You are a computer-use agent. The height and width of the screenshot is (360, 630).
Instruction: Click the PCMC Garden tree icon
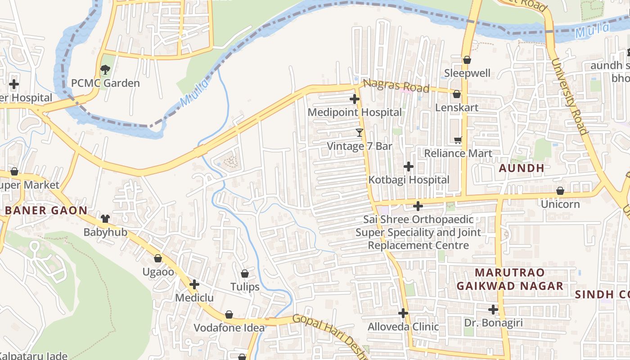coord(105,70)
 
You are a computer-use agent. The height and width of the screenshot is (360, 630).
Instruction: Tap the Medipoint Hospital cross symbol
coord(355,99)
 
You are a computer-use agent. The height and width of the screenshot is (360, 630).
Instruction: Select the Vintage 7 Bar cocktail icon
coord(359,132)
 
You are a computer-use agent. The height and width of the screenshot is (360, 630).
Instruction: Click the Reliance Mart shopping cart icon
coord(458,140)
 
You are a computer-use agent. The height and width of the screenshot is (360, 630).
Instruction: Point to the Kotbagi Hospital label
coord(409,180)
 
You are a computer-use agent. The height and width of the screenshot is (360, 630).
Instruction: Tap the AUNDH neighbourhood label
coord(522,168)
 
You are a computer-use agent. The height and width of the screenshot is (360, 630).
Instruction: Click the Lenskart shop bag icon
coord(456,94)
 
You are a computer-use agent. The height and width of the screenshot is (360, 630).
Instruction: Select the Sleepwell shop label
coord(467,73)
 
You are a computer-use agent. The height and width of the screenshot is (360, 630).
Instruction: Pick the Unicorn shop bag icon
coord(560,191)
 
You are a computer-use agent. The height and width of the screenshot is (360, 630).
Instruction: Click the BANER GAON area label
coord(46,211)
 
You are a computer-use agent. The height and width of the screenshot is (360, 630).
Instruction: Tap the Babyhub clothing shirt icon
coord(105,219)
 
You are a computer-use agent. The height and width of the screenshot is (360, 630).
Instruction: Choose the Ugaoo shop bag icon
coord(158,258)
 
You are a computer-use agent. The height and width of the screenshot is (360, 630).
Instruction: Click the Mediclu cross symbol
coord(194,284)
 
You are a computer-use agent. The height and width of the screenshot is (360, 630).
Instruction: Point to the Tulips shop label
coord(245,287)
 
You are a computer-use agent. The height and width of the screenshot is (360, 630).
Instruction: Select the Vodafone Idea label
coord(229,328)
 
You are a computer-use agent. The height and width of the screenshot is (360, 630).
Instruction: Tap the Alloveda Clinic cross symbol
coord(403,313)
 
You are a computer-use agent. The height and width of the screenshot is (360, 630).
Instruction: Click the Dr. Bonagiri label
coord(493,323)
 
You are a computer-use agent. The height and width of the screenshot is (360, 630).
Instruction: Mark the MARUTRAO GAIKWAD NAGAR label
coord(510,279)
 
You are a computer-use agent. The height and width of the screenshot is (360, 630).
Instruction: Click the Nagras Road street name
coord(396,85)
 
